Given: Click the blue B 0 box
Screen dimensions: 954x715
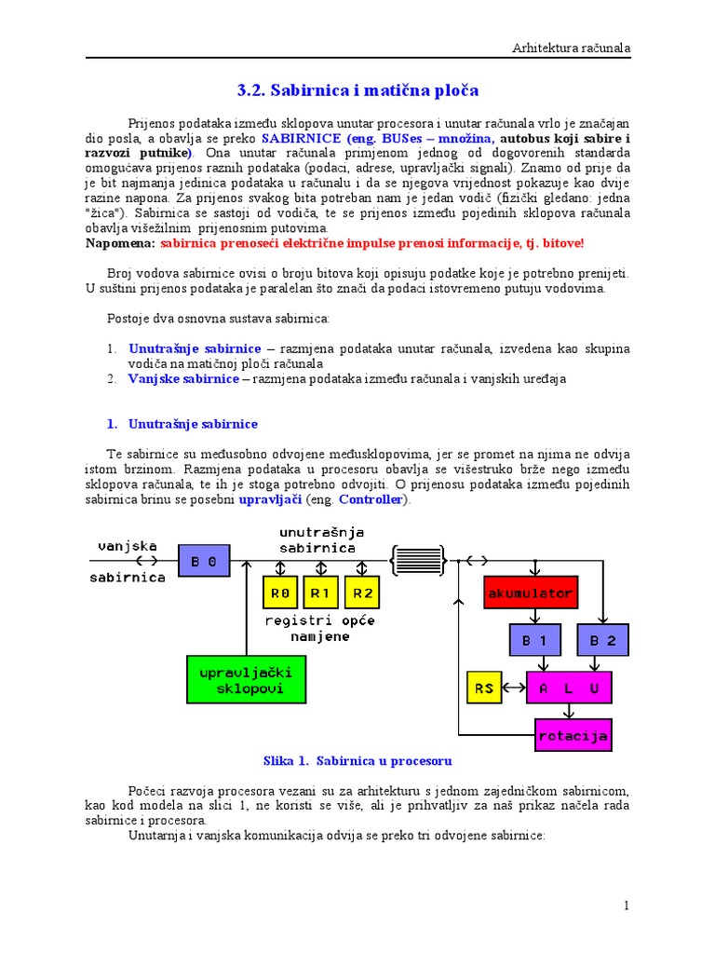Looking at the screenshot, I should [x=204, y=562].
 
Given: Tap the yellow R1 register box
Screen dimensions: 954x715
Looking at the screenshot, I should [x=320, y=593].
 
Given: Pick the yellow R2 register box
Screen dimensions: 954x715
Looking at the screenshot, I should [x=361, y=593].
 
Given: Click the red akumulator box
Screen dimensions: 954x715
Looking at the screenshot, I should [x=531, y=593].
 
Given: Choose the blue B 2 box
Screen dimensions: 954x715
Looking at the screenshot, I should [x=603, y=641].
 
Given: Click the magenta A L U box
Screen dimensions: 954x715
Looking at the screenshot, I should [x=569, y=688].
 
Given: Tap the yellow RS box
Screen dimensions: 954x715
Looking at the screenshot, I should [x=484, y=688].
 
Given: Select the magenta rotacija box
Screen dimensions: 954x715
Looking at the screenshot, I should [x=573, y=736].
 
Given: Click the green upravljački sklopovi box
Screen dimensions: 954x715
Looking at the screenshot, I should [x=240, y=679].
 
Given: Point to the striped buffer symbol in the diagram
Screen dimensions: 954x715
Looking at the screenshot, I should [x=418, y=561].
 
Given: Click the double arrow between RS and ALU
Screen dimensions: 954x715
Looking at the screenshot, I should [x=515, y=688].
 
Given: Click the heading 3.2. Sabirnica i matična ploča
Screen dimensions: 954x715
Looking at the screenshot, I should [x=357, y=90].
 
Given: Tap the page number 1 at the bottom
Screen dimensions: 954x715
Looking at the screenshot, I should [x=627, y=906].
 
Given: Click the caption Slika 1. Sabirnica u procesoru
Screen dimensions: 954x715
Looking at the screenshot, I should [x=357, y=761].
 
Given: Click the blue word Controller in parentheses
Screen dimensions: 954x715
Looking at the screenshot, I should [x=371, y=499].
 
